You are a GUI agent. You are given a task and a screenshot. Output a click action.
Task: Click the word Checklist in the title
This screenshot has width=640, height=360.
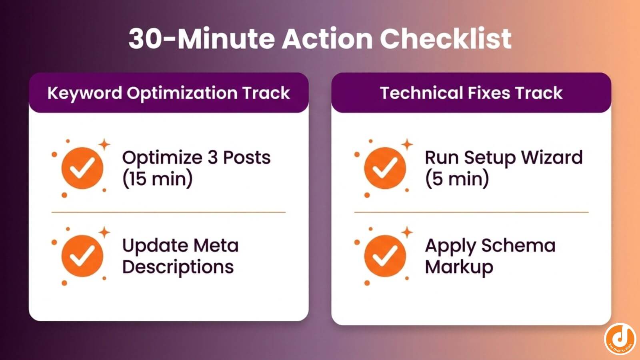445,39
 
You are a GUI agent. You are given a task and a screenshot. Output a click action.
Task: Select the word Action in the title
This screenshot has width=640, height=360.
327,39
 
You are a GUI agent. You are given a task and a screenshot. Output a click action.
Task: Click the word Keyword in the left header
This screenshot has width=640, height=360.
84,93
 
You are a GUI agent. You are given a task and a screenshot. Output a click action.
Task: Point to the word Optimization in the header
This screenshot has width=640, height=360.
182,93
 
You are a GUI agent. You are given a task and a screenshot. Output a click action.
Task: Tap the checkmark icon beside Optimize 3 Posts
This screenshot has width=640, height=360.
82,168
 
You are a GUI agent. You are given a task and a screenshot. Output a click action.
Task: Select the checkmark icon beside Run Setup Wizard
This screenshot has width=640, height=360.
385,168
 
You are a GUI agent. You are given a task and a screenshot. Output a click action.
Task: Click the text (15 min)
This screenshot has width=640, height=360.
157,179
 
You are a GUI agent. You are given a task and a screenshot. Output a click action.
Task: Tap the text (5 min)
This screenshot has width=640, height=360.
457,179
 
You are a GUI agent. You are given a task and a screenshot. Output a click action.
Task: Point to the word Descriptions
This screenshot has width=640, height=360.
178,267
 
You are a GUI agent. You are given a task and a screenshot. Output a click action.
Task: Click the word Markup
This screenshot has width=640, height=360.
459,267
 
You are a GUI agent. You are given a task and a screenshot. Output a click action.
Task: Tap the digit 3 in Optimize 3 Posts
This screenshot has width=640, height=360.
212,157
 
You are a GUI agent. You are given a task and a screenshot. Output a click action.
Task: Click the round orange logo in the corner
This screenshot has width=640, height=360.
620,339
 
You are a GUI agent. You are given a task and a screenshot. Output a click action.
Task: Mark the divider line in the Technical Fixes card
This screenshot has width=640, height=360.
471,212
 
